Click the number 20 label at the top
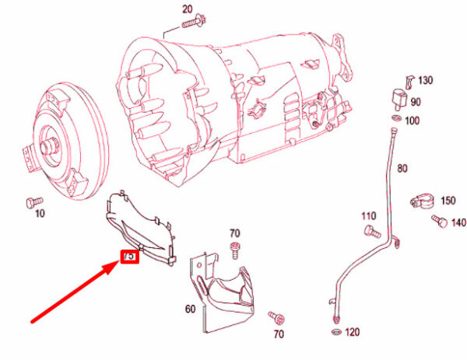click(x=187, y=9)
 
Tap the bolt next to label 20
click(x=191, y=23)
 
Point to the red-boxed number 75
click(x=129, y=255)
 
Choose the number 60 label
click(x=190, y=309)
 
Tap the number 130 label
click(x=425, y=81)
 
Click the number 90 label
click(x=416, y=102)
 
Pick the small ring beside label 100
click(x=396, y=117)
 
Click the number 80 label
click(x=402, y=168)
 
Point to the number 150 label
click(x=448, y=201)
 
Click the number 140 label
click(x=458, y=223)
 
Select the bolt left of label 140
click(x=437, y=222)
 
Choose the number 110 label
click(x=369, y=215)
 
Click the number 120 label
click(x=353, y=332)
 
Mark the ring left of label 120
click(x=335, y=333)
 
